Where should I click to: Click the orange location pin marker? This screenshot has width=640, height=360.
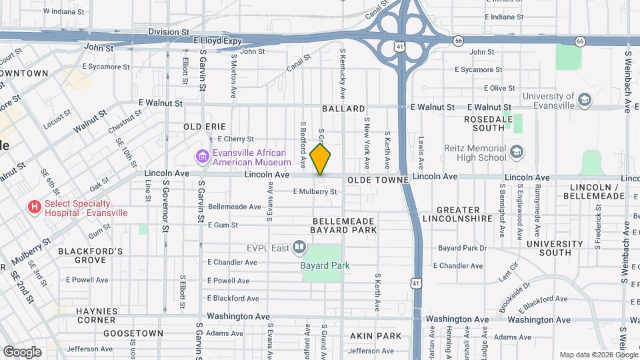pyautogui.click(x=321, y=159)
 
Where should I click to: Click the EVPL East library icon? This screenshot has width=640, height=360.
pyautogui.click(x=299, y=248)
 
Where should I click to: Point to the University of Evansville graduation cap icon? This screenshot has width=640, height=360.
pyautogui.click(x=585, y=100)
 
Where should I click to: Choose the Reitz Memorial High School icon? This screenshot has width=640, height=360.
pyautogui.click(x=516, y=153)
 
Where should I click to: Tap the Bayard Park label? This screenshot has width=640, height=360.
pyautogui.click(x=325, y=265)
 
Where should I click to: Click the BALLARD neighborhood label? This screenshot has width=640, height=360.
pyautogui.click(x=343, y=109)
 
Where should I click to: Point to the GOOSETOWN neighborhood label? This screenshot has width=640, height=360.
pyautogui.click(x=133, y=333)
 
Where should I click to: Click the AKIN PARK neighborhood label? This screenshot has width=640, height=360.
pyautogui.click(x=376, y=336)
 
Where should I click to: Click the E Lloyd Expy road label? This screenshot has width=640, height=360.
pyautogui.click(x=218, y=41)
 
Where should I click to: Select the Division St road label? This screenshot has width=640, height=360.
pyautogui.click(x=169, y=31)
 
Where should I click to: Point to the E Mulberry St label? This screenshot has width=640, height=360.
pyautogui.click(x=315, y=192)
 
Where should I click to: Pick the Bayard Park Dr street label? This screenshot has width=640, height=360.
pyautogui.click(x=463, y=248)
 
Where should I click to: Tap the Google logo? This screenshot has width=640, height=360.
pyautogui.click(x=22, y=351)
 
